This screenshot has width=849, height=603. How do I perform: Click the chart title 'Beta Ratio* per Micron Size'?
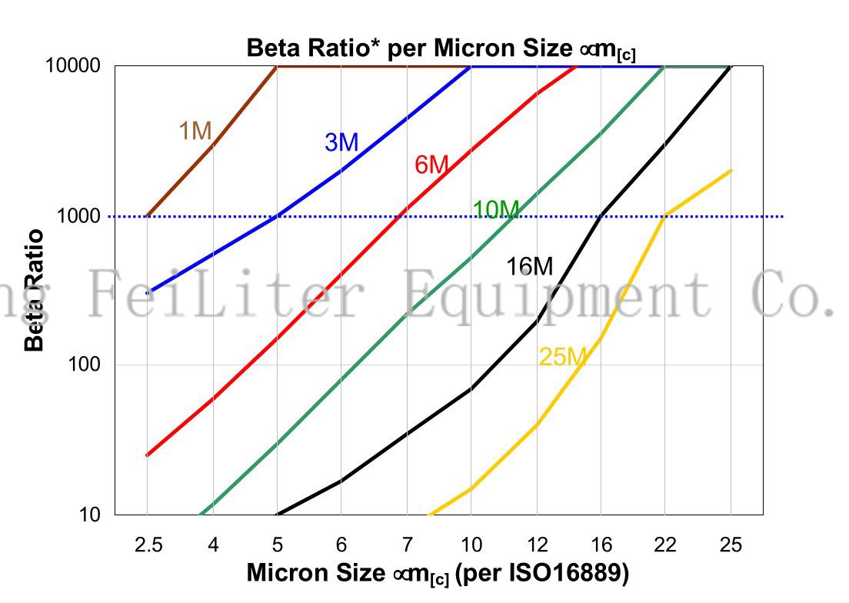[x=441, y=48]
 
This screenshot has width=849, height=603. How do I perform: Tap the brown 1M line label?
[x=195, y=132]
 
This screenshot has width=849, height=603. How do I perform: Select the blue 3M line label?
[x=341, y=142]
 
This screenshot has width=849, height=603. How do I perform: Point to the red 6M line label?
[x=431, y=165]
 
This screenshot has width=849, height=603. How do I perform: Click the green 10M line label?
[x=496, y=209]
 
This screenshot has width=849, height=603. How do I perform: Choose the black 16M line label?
[x=529, y=267]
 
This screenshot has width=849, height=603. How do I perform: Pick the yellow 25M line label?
[x=563, y=357]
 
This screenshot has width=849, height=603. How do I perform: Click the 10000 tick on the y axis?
[x=74, y=66]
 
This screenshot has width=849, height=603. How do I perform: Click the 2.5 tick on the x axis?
[x=148, y=545]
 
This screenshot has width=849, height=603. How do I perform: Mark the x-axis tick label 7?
[x=406, y=545]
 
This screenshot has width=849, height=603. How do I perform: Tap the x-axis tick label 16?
[x=601, y=545]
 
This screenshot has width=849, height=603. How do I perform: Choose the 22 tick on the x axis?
[x=665, y=545]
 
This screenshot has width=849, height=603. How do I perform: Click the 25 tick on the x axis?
[x=731, y=545]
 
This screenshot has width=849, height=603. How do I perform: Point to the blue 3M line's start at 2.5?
[x=148, y=292]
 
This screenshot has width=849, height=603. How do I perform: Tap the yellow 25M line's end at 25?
[x=730, y=171]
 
